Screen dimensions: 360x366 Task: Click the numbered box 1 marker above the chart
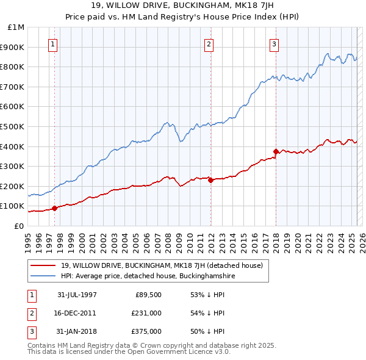54,43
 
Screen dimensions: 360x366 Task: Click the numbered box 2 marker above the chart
209,43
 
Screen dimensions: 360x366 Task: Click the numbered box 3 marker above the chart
274,43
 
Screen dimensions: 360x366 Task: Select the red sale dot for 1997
54,208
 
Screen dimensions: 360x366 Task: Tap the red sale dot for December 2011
210,180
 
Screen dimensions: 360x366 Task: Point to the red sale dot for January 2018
276,151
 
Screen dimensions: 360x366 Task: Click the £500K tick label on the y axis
13,127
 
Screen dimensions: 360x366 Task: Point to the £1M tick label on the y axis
16,27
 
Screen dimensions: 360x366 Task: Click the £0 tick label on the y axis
20,226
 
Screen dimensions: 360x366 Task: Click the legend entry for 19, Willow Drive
162,265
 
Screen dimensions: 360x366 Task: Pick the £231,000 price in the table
146,312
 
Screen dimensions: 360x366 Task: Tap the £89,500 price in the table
148,294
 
